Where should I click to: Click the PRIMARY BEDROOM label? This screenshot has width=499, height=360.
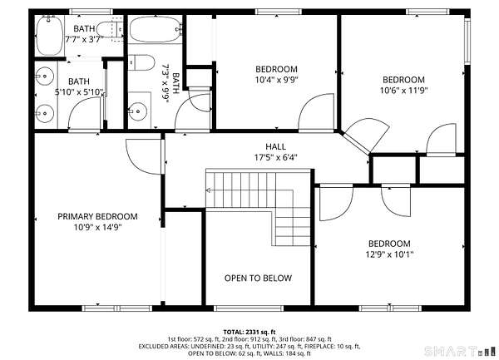[97, 216]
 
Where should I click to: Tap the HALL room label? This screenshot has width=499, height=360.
[275, 146]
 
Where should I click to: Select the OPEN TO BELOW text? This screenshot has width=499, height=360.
[258, 279]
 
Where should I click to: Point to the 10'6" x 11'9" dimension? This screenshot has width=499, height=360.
[403, 91]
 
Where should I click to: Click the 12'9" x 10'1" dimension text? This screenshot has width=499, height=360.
[389, 254]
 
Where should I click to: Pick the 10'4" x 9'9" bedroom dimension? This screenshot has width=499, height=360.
[276, 80]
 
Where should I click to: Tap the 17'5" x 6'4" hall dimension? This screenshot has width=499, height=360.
[276, 157]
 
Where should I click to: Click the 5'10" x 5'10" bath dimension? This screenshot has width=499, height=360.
[79, 92]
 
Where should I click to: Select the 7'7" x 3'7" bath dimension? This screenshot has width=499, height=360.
[84, 40]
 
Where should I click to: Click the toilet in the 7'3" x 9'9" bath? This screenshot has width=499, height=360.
[141, 62]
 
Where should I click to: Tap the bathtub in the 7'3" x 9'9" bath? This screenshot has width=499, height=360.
[156, 29]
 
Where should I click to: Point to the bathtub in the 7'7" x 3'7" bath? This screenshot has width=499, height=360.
[49, 36]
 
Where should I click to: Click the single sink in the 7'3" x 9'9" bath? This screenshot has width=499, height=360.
[138, 111]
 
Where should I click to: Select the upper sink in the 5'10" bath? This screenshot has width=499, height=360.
[45, 76]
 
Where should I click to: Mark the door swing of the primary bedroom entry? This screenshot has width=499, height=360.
[144, 156]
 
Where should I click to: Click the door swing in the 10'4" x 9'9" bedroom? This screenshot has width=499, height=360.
[316, 111]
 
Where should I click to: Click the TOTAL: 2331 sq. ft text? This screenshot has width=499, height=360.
[249, 333]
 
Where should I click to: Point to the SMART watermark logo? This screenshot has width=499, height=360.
[460, 351]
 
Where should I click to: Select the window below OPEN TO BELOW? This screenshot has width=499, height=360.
[249, 308]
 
